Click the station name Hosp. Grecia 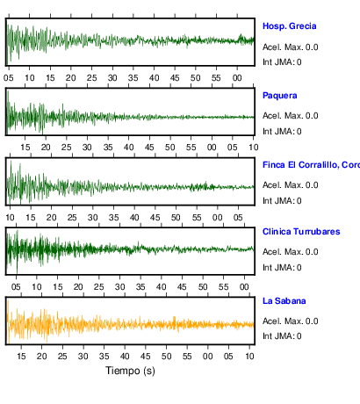(289, 26)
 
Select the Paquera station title (280, 96)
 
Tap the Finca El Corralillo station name (311, 165)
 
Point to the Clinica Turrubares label (301, 232)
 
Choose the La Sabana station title (284, 301)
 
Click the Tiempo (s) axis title (130, 371)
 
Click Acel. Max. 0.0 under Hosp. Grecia (290, 47)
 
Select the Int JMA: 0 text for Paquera (282, 132)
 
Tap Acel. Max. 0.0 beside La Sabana (290, 321)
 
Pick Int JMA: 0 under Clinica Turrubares (282, 268)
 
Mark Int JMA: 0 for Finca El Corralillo (282, 201)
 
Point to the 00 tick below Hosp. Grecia (237, 78)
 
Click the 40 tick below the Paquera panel (128, 148)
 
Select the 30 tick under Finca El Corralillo (93, 218)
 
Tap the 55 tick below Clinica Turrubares (223, 287)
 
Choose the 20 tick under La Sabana (41, 357)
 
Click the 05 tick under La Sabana (228, 357)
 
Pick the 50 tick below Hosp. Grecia (196, 78)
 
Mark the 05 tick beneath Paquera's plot (233, 148)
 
